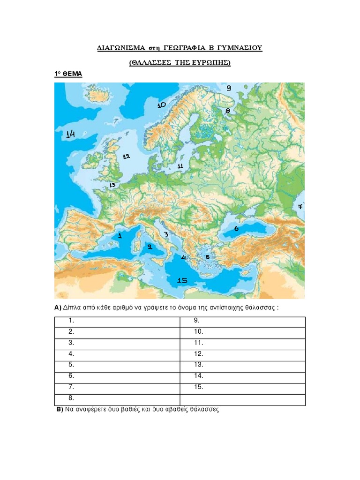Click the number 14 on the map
(70, 134)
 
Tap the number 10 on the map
(162, 105)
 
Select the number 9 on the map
(229, 88)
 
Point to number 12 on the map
(126, 156)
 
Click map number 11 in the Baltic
(180, 166)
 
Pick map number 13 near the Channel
(112, 185)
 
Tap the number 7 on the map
(300, 206)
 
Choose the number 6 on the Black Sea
(236, 229)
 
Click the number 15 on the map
(182, 280)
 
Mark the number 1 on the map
(120, 236)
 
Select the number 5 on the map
(207, 256)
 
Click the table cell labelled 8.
(117, 399)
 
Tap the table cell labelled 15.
(243, 387)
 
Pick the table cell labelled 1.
(117, 321)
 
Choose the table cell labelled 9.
(243, 321)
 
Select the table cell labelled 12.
(243, 354)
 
